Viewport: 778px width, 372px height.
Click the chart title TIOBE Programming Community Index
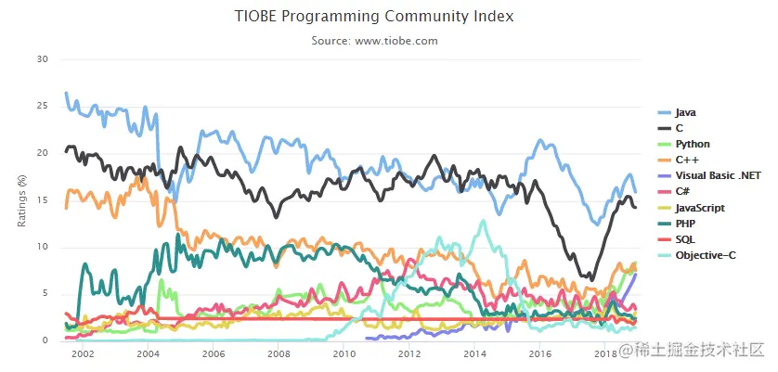pos(387,17)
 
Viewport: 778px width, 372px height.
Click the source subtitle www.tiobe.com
pos(387,41)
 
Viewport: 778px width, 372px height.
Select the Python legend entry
pos(693,145)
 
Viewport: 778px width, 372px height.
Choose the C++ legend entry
pos(686,160)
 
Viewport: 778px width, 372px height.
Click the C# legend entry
pos(683,192)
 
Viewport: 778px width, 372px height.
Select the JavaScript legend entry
pos(700,208)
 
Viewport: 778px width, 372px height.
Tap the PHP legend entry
pos(685,224)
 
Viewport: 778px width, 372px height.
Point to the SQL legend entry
pos(685,239)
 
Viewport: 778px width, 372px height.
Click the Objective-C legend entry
pos(705,255)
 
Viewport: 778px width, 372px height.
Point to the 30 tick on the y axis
pos(41,58)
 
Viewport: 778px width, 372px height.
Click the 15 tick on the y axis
pos(41,200)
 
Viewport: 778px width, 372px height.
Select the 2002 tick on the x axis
pos(82,354)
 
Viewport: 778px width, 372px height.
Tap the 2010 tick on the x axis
pos(344,354)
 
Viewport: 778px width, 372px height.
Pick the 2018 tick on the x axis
pos(605,354)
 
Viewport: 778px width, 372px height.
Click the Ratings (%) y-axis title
pos(19,199)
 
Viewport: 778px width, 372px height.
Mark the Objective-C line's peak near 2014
pos(482,221)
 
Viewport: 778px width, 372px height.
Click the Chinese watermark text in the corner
pos(696,350)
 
